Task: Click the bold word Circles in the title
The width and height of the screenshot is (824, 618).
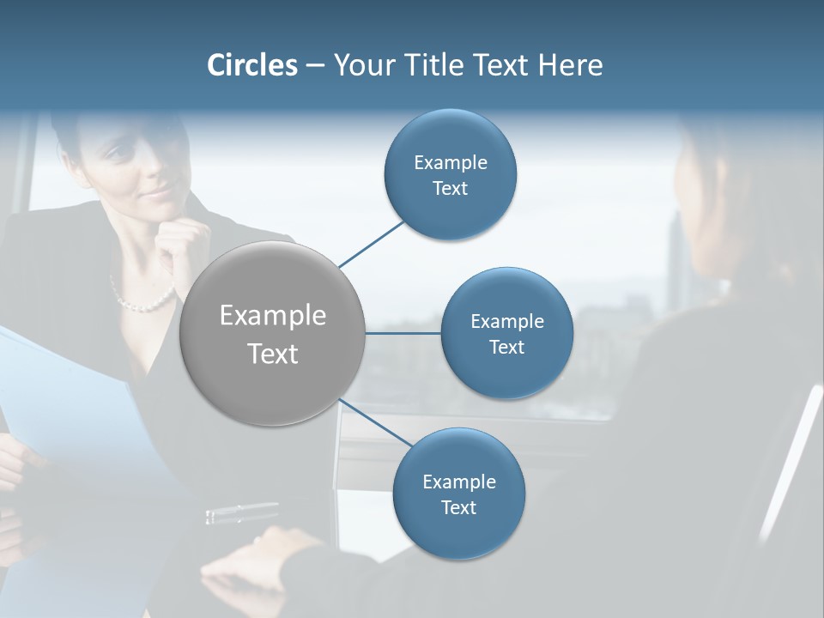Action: (x=251, y=65)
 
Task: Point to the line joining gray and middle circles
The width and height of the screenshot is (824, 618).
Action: (x=403, y=333)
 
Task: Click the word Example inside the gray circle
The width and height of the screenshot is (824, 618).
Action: (x=273, y=316)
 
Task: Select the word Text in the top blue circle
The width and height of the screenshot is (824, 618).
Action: (x=450, y=189)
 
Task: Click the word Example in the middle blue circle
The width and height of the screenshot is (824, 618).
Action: (x=506, y=322)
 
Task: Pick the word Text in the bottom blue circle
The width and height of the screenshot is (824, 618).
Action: (x=458, y=507)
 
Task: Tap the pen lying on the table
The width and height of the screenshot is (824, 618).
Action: (x=242, y=512)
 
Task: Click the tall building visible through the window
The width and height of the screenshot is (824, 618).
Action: (x=678, y=257)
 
